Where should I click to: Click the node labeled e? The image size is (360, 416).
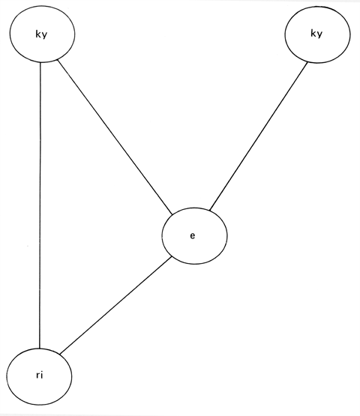click(194, 236)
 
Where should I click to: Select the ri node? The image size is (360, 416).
click(39, 376)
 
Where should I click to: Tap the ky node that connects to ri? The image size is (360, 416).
click(42, 34)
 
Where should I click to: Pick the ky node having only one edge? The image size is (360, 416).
click(317, 34)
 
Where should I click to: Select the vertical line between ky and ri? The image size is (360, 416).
click(40, 205)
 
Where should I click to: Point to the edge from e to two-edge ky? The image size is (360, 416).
click(115, 137)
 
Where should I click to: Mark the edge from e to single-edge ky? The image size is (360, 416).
click(258, 136)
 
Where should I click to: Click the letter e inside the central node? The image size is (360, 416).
click(193, 235)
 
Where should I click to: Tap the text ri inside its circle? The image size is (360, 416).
click(39, 376)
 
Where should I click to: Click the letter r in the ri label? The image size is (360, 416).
click(37, 376)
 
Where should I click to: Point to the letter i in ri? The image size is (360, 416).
click(42, 375)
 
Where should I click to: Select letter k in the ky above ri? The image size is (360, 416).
click(38, 34)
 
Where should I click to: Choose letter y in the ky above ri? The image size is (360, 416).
click(44, 35)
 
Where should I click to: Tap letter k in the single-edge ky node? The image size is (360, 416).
click(313, 33)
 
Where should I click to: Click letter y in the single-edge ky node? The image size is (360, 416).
click(319, 34)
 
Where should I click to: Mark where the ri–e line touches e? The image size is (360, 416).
click(172, 256)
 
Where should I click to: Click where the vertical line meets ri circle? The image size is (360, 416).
click(40, 349)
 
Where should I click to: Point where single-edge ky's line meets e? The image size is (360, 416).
click(209, 211)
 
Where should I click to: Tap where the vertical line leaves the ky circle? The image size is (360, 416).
click(40, 63)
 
